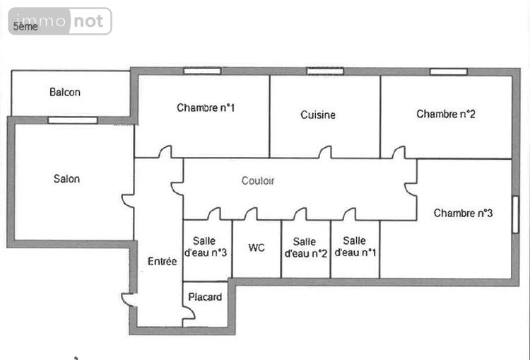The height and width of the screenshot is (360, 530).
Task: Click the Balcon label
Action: pyautogui.click(x=64, y=92)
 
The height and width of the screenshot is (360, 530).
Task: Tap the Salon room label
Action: pyautogui.click(x=66, y=179)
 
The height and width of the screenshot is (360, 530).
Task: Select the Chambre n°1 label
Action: pyautogui.click(x=206, y=108)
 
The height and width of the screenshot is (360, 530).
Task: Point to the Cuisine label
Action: pyautogui.click(x=318, y=115)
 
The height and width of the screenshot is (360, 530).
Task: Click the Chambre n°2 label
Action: pyautogui.click(x=445, y=114)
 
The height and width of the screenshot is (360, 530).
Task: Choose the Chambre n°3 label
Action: pyautogui.click(x=463, y=213)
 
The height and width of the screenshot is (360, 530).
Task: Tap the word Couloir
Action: pyautogui.click(x=258, y=181)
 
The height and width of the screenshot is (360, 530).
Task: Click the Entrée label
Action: pyautogui.click(x=162, y=261)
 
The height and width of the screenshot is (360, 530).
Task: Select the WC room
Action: pyautogui.click(x=257, y=248)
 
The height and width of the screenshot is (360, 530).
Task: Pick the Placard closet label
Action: pyautogui.click(x=206, y=297)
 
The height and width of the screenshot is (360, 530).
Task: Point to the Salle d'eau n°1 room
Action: pyautogui.click(x=355, y=247)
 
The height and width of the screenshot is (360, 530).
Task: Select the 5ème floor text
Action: pyautogui.click(x=25, y=27)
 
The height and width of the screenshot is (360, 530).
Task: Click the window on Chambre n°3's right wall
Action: pyautogui.click(x=516, y=214)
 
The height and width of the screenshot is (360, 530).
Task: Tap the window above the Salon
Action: pyautogui.click(x=73, y=120)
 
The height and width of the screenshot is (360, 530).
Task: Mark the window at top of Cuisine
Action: pyautogui.click(x=325, y=71)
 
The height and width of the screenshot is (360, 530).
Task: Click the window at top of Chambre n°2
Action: pyautogui.click(x=448, y=71)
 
